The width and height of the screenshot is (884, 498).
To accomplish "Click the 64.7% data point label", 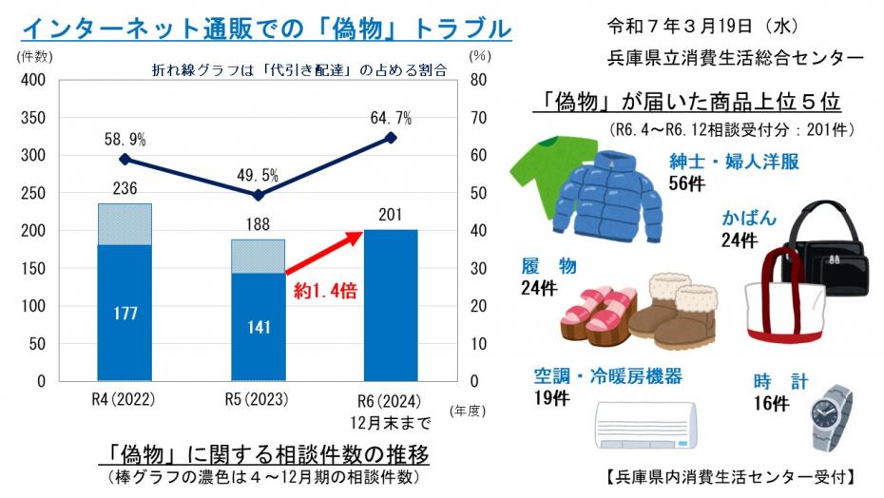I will [x=391, y=118].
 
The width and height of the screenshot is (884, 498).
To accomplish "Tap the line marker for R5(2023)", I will [x=258, y=195].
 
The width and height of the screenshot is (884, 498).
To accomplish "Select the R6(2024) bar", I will [x=391, y=304].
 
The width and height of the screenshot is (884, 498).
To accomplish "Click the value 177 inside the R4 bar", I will [x=125, y=315].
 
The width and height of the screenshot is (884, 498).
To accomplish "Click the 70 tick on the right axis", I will [x=479, y=118].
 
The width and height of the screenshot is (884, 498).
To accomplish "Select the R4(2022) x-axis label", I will [x=125, y=398].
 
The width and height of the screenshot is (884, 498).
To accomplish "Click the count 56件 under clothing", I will [x=685, y=183].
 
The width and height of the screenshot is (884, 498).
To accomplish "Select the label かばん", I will [x=749, y=219].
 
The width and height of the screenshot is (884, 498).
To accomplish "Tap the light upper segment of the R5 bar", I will [x=258, y=256].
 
